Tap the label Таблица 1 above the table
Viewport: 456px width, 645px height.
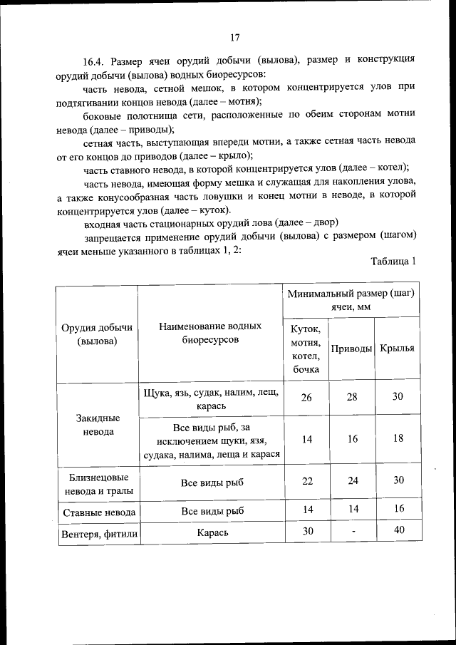(393, 261)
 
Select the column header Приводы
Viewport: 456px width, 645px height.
(352, 349)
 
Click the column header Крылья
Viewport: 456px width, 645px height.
(398, 349)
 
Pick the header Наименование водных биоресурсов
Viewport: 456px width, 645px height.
(210, 333)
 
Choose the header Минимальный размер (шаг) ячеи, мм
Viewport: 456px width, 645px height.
(351, 299)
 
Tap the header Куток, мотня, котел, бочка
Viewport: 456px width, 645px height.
(306, 349)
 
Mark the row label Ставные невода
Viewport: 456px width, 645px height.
(97, 512)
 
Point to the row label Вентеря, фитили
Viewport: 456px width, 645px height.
(97, 532)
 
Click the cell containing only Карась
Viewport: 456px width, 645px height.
(212, 532)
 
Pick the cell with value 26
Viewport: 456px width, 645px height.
(306, 397)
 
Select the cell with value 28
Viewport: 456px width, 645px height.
(352, 397)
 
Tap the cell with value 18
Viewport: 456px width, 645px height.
(398, 439)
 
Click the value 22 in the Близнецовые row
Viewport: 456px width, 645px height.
(307, 481)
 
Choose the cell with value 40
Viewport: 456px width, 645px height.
(398, 531)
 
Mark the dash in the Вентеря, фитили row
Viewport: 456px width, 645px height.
(352, 532)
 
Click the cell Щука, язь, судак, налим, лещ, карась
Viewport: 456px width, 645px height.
(212, 398)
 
